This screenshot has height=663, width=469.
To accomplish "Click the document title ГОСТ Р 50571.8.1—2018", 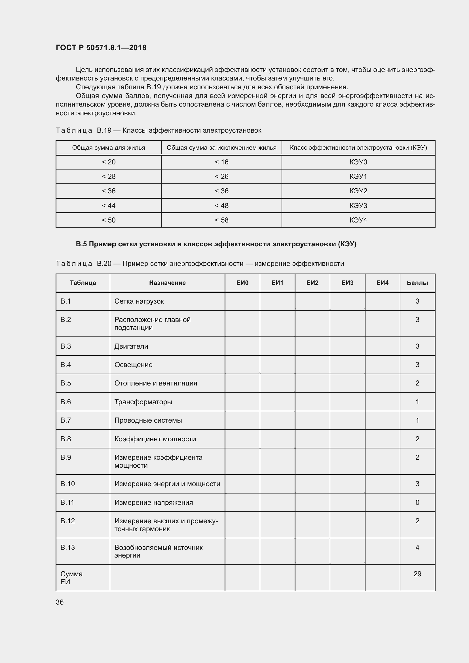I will click(101, 48).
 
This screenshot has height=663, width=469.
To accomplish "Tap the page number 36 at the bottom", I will click(60, 602).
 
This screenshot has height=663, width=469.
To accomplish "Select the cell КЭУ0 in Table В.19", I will click(358, 162).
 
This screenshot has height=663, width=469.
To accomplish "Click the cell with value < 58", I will click(221, 220).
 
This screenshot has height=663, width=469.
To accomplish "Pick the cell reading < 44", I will click(109, 206).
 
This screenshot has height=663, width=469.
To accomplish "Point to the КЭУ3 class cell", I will click(358, 206).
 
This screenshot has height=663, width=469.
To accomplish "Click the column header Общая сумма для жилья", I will click(109, 148).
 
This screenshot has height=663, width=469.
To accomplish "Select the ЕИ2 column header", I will click(312, 283).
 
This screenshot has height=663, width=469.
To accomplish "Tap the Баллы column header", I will click(417, 283).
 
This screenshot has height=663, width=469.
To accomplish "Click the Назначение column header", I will click(167, 283).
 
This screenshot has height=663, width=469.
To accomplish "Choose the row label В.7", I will click(66, 420).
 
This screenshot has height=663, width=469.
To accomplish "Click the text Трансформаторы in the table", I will click(143, 402).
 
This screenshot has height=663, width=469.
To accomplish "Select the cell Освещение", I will click(134, 365).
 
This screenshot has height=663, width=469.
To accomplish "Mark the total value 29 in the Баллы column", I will click(417, 574).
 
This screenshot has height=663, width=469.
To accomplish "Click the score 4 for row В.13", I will click(417, 547).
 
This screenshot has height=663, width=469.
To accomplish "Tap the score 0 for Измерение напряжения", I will click(417, 503).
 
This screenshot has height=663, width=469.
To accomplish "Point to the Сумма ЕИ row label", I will click(71, 577).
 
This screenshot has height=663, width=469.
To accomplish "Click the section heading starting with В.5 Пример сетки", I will click(216, 244).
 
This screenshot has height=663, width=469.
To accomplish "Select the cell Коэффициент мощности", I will click(155, 439).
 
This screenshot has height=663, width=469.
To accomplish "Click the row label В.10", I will click(67, 484).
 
